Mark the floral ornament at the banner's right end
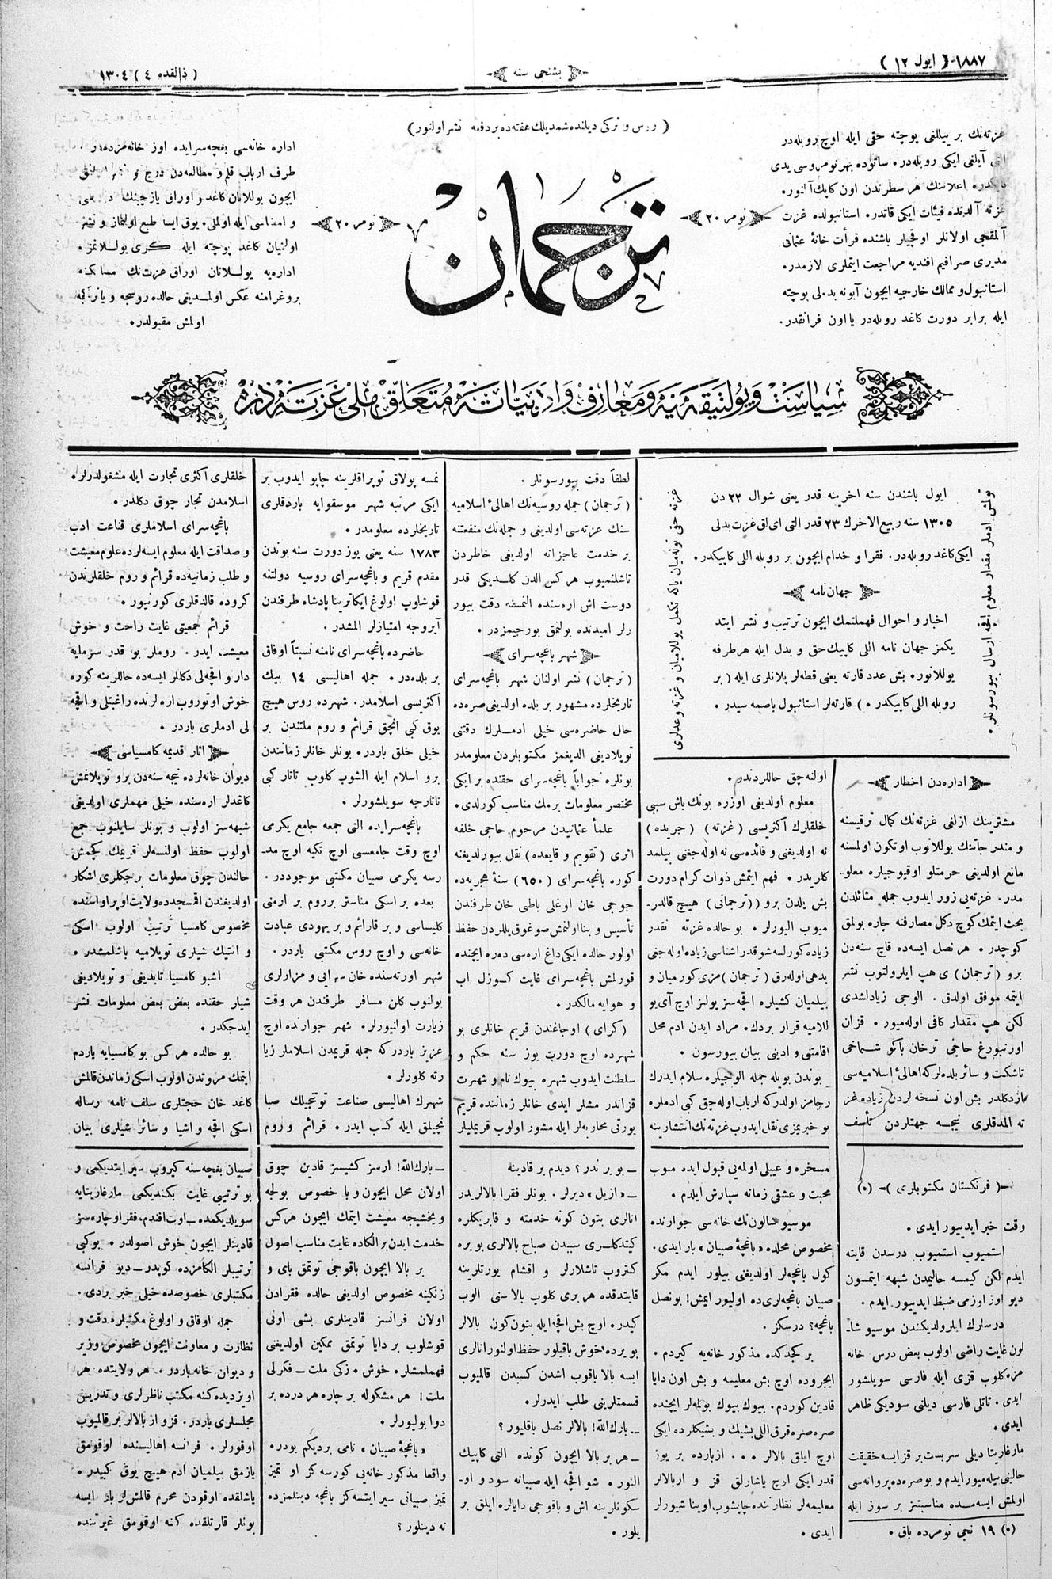point(906,390)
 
